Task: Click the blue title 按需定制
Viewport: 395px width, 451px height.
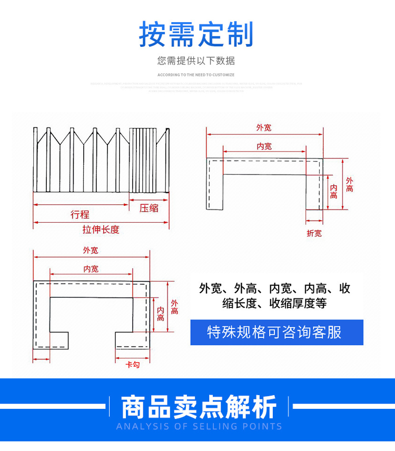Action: (x=196, y=35)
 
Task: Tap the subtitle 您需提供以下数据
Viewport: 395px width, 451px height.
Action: (x=196, y=61)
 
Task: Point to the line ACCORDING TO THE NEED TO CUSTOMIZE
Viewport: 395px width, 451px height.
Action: (x=196, y=75)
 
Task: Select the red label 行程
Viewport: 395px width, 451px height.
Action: (x=80, y=214)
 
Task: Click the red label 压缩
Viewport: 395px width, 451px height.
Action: (x=149, y=208)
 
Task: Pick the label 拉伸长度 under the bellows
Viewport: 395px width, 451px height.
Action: (x=101, y=229)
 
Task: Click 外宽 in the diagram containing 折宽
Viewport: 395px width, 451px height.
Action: (x=264, y=127)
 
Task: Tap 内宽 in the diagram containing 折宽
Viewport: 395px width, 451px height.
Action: (x=264, y=146)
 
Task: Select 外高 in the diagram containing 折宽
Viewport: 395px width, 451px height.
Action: (x=349, y=184)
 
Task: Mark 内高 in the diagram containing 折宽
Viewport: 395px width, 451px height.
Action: (x=333, y=192)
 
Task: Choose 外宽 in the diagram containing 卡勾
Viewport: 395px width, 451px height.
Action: (x=91, y=250)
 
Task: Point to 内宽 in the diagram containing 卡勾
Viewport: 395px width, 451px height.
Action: (x=91, y=269)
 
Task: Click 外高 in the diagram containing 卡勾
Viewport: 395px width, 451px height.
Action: (x=174, y=307)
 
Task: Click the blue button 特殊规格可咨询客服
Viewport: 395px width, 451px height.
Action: (x=276, y=332)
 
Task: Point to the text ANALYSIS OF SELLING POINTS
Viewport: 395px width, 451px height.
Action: (x=199, y=426)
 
